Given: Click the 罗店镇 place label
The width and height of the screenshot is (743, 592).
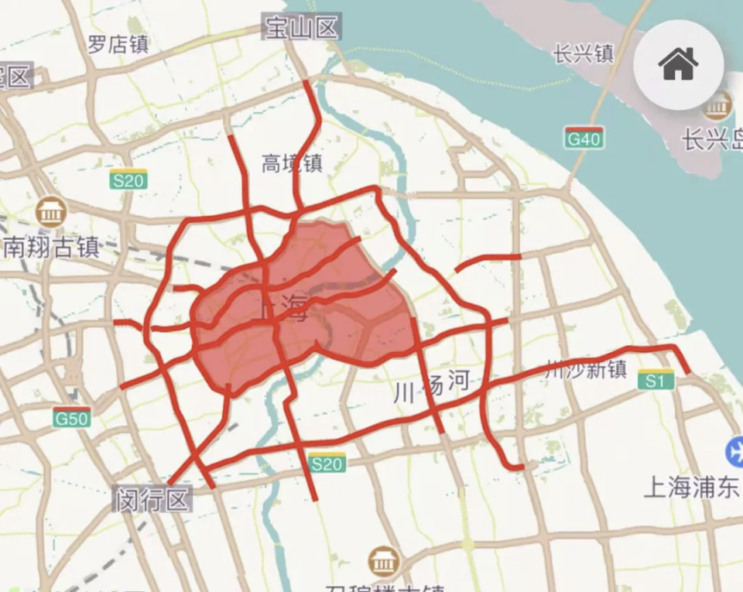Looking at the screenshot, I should [118, 44].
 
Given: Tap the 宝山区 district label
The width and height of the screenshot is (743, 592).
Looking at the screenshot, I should [301, 29].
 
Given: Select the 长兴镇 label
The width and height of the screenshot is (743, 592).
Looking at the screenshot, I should [584, 53].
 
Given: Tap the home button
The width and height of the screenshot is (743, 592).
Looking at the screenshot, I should [678, 64].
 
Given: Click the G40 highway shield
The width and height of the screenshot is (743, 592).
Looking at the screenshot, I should [584, 139].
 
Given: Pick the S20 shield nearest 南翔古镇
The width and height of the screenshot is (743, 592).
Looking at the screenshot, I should [128, 180].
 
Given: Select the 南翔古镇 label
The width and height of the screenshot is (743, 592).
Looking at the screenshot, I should [51, 247].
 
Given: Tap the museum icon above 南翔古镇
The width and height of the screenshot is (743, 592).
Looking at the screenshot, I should [51, 211].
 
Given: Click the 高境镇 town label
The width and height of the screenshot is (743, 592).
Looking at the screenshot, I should [292, 164].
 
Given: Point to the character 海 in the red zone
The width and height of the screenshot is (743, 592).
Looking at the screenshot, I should [295, 309].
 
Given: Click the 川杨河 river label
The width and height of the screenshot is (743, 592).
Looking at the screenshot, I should [433, 385].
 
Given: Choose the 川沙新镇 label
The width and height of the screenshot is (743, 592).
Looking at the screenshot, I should [585, 370].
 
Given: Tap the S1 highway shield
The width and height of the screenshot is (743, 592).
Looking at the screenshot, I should [656, 381].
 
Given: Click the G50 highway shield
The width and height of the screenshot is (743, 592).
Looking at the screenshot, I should [72, 419].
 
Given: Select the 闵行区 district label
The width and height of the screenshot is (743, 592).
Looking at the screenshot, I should [152, 499].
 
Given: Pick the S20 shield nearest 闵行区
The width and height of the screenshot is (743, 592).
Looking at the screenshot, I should [326, 463].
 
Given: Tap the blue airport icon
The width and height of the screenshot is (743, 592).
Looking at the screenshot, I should [734, 451].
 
